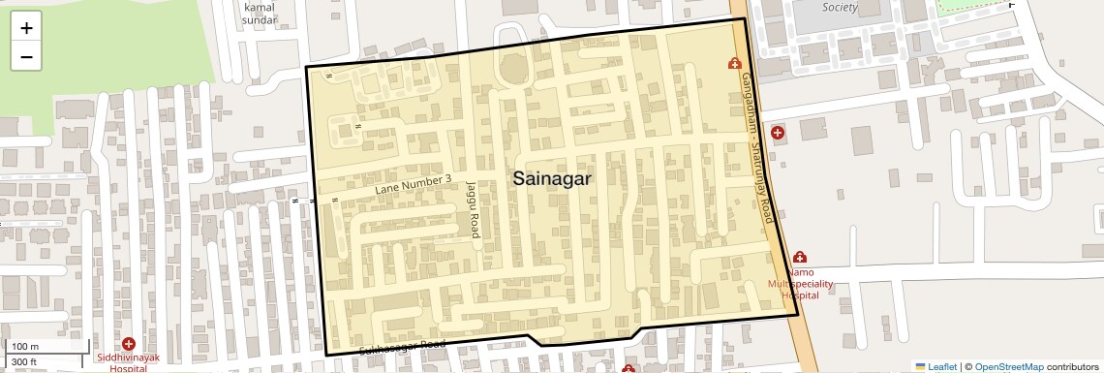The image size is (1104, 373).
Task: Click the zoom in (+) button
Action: click(26, 27)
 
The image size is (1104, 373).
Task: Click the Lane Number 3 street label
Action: click(414, 186)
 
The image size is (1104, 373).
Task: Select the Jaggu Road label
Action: click(473, 208)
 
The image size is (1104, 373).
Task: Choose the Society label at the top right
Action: click(840, 7)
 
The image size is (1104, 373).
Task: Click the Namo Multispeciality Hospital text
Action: click(800, 284)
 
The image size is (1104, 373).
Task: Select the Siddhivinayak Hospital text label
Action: click(129, 362)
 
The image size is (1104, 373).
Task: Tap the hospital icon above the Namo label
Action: click(800, 258)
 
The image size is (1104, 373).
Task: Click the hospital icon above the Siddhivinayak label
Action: click(129, 344)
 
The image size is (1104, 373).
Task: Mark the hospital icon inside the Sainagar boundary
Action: click(734, 64)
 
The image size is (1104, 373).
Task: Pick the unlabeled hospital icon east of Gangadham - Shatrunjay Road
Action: click(777, 132)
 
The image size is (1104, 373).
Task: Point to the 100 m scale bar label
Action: click(26, 346)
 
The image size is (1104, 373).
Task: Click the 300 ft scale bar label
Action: click(25, 362)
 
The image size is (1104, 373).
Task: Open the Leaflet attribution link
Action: click(935, 366)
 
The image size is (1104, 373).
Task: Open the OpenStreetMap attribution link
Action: click(1008, 366)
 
